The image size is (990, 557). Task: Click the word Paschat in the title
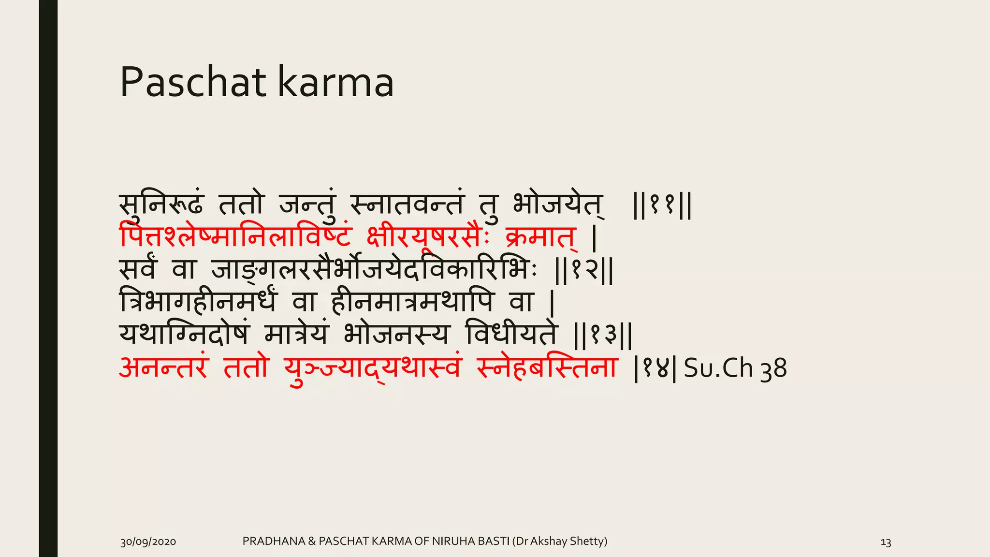click(x=193, y=82)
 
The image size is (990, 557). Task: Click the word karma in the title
click(x=336, y=82)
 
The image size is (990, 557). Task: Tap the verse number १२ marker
click(x=584, y=271)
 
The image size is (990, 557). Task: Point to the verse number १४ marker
click(x=654, y=368)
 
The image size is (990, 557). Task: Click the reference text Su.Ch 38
click(x=735, y=368)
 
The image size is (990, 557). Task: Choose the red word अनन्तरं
click(x=163, y=368)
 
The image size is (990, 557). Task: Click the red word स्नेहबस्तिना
click(x=546, y=368)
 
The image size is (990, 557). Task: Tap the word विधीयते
click(x=511, y=335)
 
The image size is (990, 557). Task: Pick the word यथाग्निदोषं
click(x=185, y=335)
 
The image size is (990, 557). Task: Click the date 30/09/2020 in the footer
click(x=148, y=542)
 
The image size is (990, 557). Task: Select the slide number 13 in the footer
click(x=886, y=542)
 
